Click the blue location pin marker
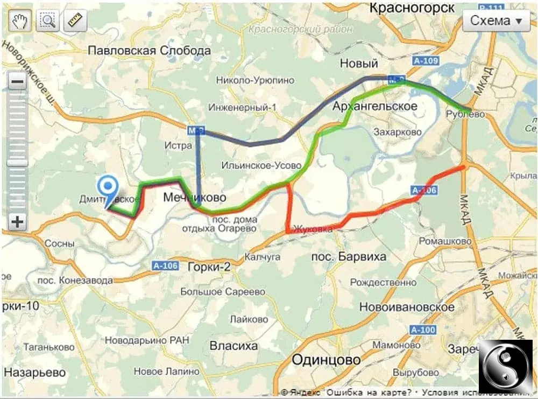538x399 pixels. [109, 188]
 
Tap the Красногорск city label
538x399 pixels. [412, 8]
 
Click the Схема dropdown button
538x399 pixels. [496, 21]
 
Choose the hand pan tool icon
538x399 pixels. [20, 21]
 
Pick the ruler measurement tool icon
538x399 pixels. [75, 21]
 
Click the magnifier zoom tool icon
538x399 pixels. [47, 21]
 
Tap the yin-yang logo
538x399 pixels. [505, 366]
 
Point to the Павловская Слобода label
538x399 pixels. [149, 51]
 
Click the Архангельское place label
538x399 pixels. [374, 106]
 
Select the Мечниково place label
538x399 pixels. [194, 198]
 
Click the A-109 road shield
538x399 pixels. [426, 61]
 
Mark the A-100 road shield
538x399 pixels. [422, 330]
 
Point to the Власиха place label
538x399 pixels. [233, 345]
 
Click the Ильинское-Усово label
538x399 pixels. [261, 165]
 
